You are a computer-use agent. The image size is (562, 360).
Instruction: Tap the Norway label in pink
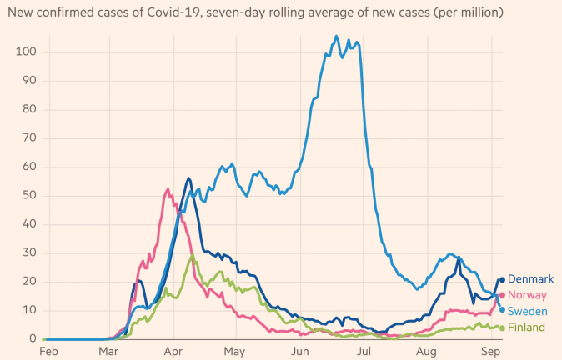click(527, 295)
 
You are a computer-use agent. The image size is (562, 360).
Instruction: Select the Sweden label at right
click(528, 311)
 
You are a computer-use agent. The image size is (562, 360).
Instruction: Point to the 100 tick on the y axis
click(25, 52)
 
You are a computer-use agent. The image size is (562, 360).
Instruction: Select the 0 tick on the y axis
click(31, 338)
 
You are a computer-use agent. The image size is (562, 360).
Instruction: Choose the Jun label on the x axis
click(301, 351)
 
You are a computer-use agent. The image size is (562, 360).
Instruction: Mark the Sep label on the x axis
click(490, 351)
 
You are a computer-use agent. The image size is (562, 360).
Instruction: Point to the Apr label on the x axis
click(173, 351)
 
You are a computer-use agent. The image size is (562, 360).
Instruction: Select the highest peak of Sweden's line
click(336, 36)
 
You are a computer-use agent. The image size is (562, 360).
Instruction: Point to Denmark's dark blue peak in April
click(189, 177)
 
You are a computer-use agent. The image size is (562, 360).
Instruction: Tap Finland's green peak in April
click(193, 254)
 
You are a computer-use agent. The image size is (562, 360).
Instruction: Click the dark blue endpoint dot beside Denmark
click(502, 280)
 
